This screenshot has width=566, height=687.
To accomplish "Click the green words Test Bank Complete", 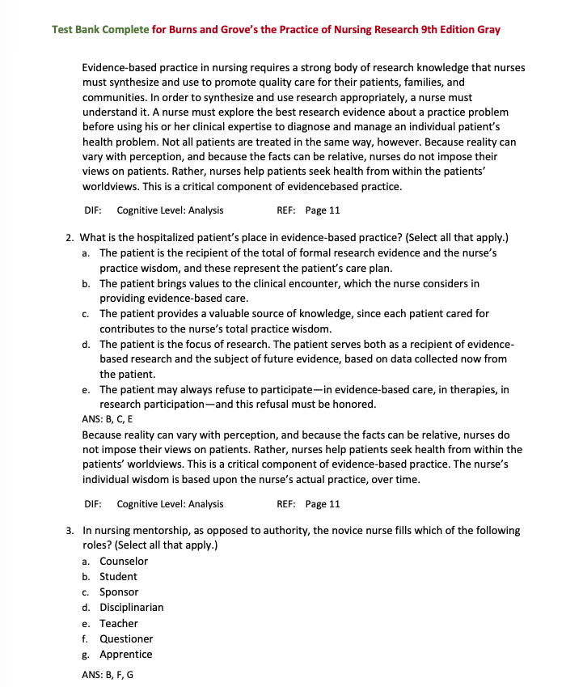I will (x=100, y=30).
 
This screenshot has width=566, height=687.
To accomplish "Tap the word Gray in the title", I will (x=488, y=30).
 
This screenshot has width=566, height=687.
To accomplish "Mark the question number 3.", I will (x=70, y=531).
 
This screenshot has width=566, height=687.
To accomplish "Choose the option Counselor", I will (x=124, y=562).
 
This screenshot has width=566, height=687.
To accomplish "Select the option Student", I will (x=118, y=577).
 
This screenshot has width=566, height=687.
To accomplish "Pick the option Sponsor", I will (x=119, y=592).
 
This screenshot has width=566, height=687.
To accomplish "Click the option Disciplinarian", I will (x=131, y=608).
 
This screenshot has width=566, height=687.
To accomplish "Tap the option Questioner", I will (x=126, y=639).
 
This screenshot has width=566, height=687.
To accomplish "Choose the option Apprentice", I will (x=125, y=655).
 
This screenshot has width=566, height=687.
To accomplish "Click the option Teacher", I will (x=119, y=624).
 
